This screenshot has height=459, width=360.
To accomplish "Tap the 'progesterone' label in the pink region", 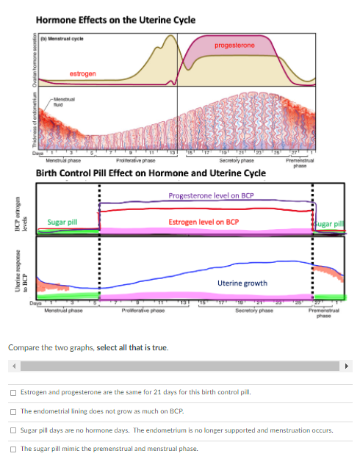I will tap(234, 46).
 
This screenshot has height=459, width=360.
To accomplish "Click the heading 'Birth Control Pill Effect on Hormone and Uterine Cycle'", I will tap(151, 173).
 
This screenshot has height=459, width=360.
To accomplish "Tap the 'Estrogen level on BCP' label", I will tap(203, 221).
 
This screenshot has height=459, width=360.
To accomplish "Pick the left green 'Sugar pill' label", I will tap(62, 221).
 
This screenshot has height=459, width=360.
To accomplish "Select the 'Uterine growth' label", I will tap(242, 283).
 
